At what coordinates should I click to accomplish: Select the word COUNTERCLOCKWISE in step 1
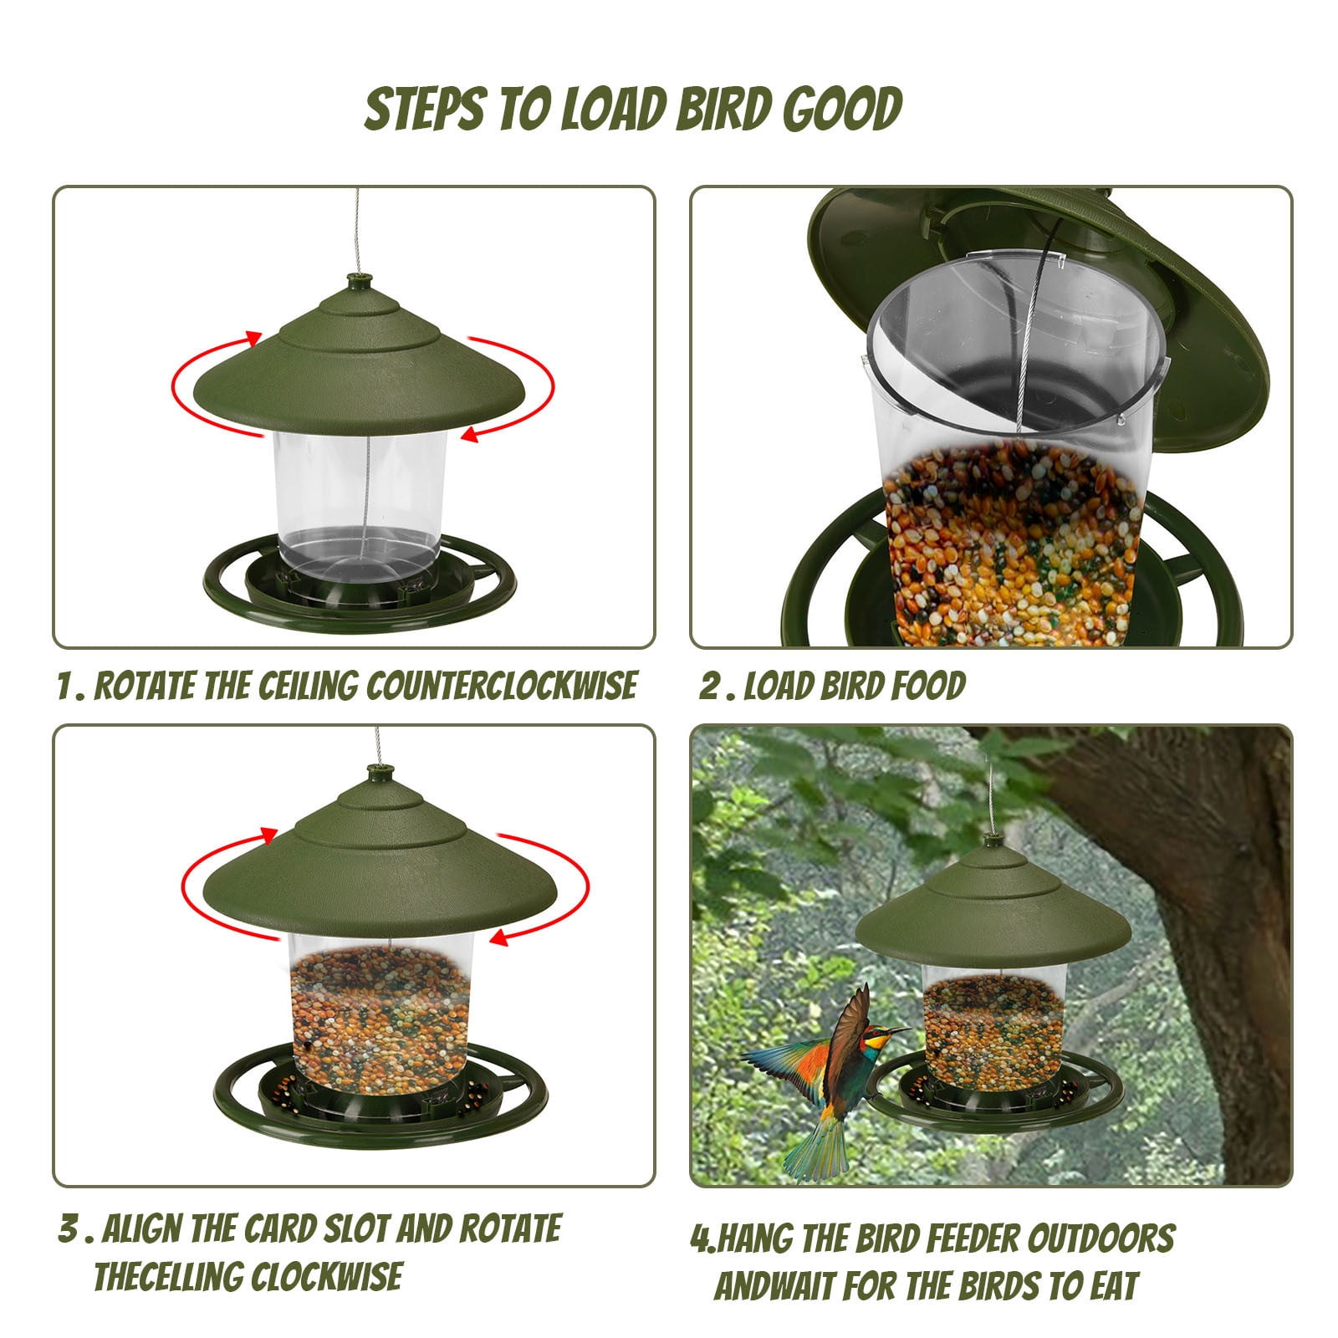(x=502, y=686)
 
